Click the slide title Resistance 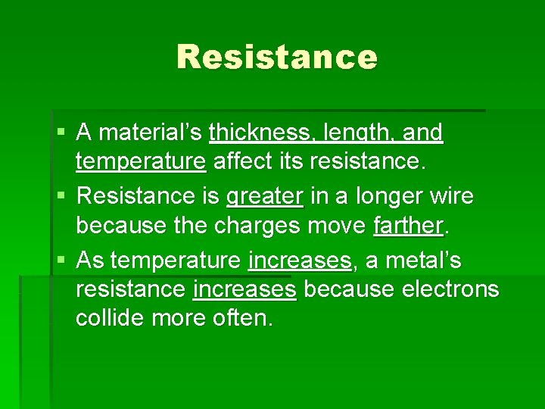277,58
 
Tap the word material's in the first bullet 150,133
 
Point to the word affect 242,161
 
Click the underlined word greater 265,197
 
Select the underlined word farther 408,225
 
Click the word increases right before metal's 300,261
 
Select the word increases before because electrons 244,289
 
